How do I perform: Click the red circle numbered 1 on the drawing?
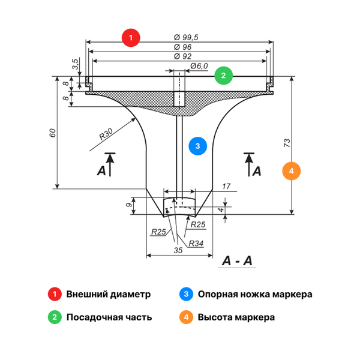tap(131, 38)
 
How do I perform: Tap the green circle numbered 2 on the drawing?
tap(223, 76)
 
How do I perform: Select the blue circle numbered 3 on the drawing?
tap(197, 145)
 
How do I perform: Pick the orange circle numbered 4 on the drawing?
tap(291, 171)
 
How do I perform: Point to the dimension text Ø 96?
tap(182, 47)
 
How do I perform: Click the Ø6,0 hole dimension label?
tap(198, 66)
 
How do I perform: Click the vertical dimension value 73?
tap(287, 143)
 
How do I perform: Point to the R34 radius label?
tap(195, 244)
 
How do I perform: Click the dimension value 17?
tap(226, 187)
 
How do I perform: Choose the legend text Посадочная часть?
tap(109, 317)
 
